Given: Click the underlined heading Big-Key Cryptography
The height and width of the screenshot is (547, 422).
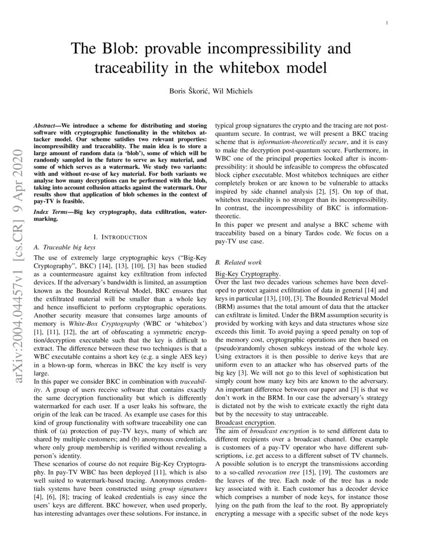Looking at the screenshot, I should pos(248,274).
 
